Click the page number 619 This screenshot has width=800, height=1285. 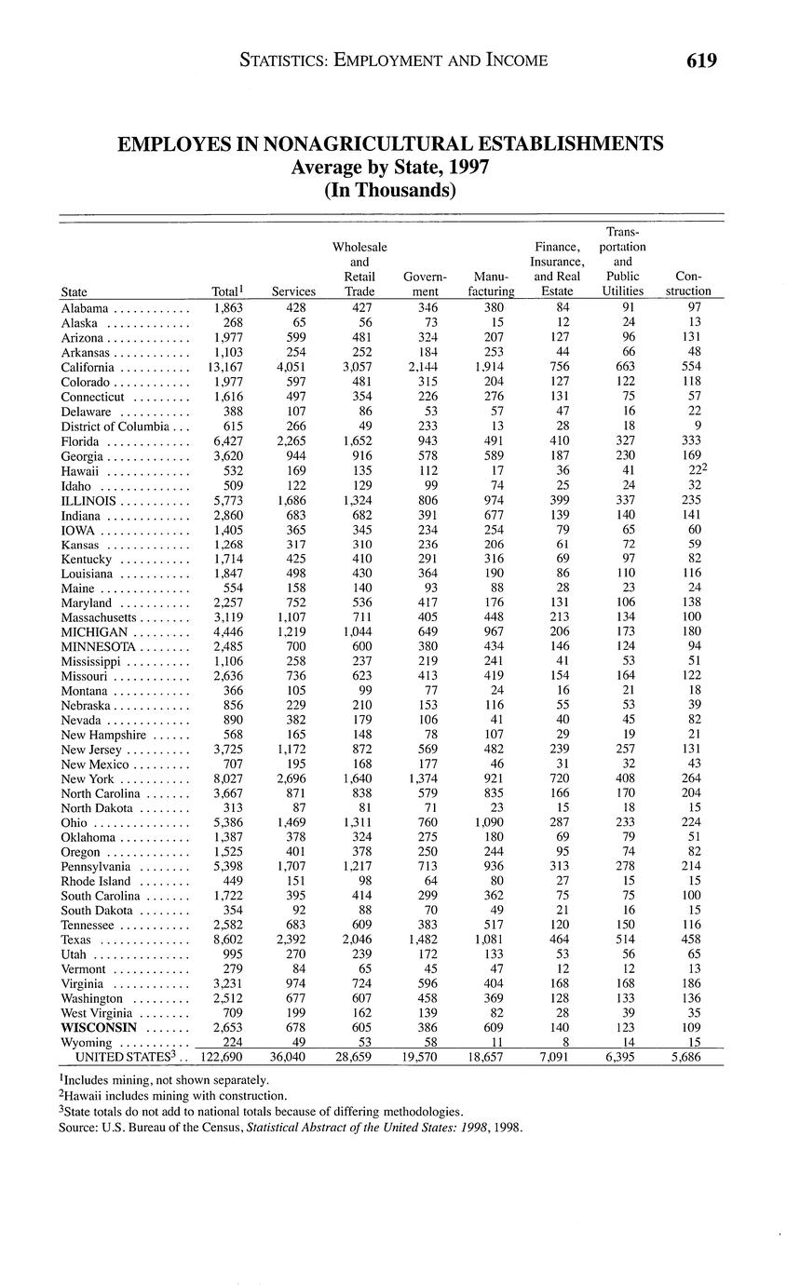(701, 61)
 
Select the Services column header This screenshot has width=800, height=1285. (293, 291)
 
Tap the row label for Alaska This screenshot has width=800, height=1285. (81, 322)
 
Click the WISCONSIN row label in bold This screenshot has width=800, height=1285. (99, 1027)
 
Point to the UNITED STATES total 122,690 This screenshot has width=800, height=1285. (223, 1058)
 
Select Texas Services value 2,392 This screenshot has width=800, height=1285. (293, 940)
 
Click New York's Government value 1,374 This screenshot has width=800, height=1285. (425, 778)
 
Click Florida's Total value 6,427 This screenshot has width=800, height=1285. (228, 440)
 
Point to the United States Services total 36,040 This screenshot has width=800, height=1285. (293, 1058)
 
